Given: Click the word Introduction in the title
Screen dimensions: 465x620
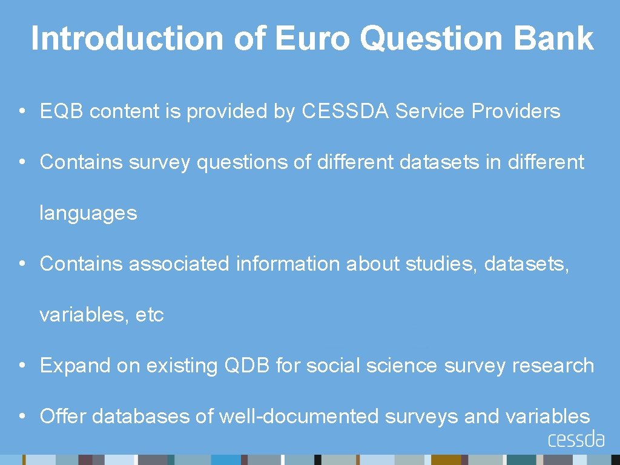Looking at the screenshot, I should (127, 38).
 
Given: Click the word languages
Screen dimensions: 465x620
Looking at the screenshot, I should (88, 214).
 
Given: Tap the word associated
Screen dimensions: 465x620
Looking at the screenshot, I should (179, 264).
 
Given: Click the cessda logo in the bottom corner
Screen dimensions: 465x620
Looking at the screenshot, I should (576, 439).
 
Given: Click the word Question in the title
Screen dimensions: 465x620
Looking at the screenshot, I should (432, 38).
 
